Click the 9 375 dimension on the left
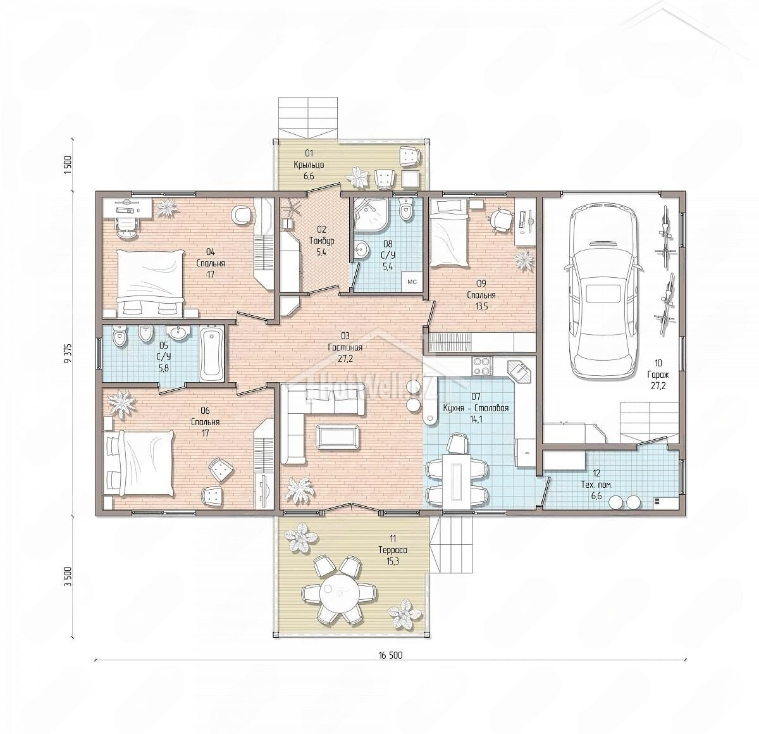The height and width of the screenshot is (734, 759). pos(69,354)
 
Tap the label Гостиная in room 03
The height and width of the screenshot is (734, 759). pos(345,347)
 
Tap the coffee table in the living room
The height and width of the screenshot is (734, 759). pos(337,437)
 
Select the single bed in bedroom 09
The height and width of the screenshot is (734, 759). pos(448,233)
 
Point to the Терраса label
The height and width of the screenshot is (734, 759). pos(393,550)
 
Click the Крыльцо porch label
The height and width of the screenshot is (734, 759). pos(309,165)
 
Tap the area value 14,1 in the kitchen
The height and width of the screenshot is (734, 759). pos(476,419)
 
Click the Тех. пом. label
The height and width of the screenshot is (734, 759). pos(596,485)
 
